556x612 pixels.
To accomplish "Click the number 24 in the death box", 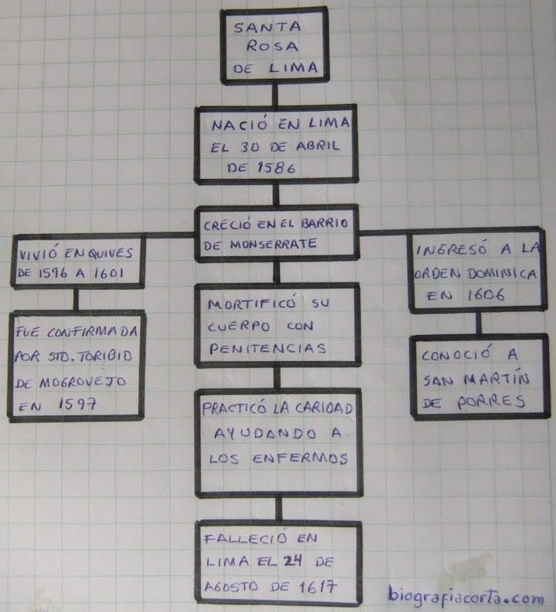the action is tap(288, 562).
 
